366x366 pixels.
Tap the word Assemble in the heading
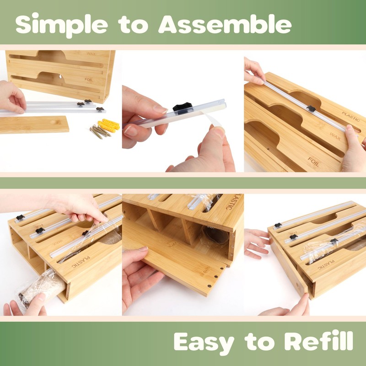click(x=225, y=24)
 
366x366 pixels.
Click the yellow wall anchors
click(x=110, y=124)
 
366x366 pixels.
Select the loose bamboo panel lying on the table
click(x=34, y=124)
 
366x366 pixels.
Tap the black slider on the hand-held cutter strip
click(x=182, y=109)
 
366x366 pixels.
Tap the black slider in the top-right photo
click(x=311, y=108)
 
